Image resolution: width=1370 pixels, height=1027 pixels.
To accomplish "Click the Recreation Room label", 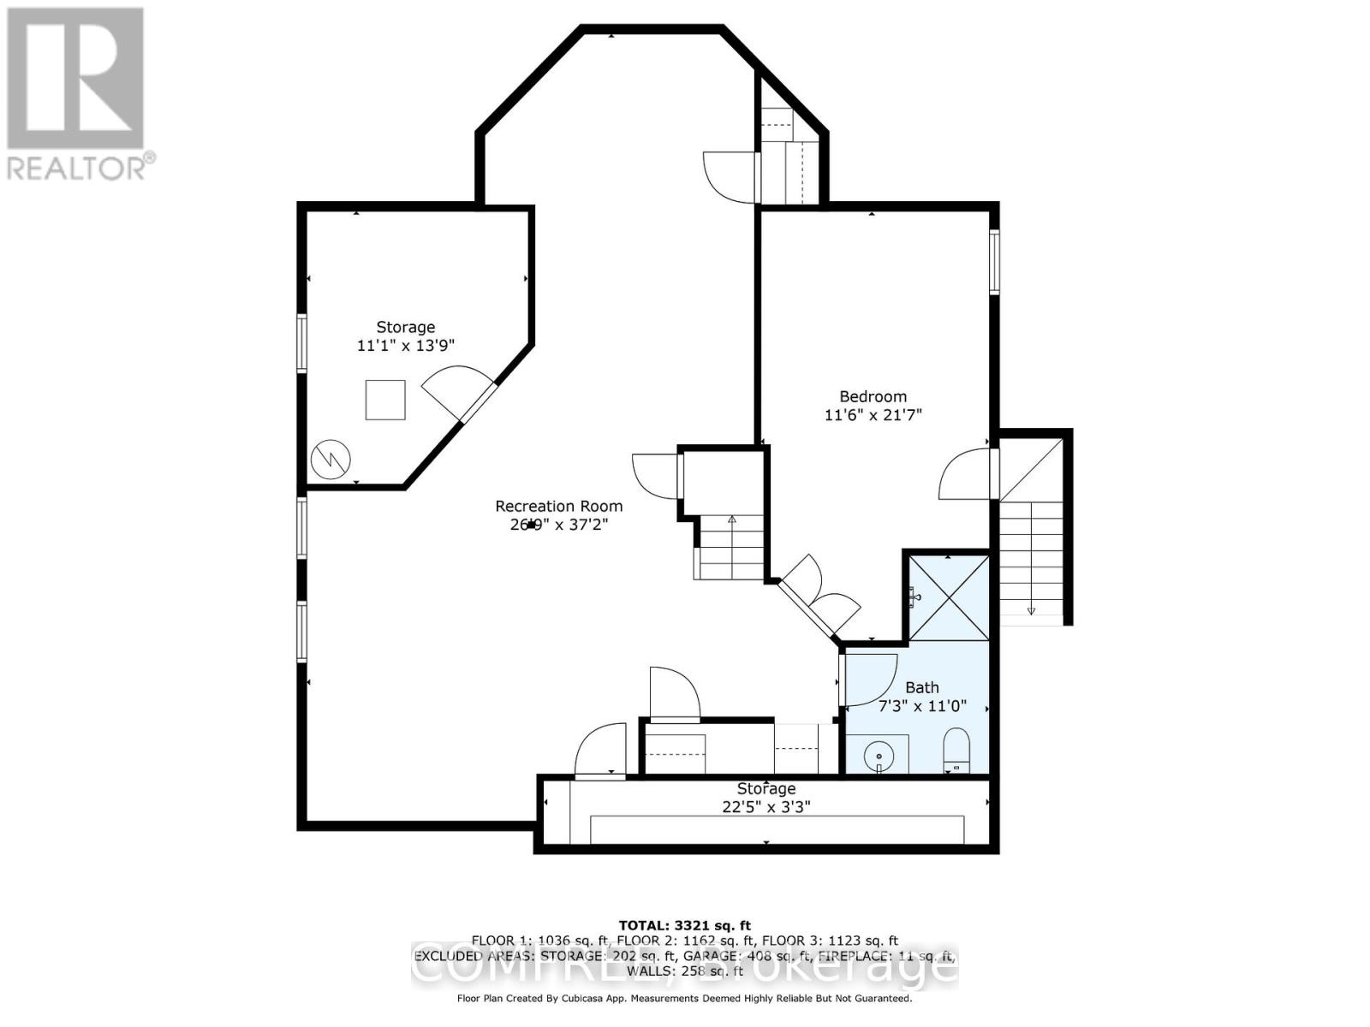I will pos(559,506).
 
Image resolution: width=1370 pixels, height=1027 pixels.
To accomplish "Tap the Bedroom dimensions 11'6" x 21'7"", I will pos(873,415).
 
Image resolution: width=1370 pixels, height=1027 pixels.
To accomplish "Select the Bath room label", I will pos(922,687).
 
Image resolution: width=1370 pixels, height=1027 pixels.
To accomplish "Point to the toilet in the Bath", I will pos(956,750).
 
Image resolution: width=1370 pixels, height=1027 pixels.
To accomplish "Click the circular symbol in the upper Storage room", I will pos(331,459).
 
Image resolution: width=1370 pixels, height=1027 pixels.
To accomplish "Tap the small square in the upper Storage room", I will pos(385,400).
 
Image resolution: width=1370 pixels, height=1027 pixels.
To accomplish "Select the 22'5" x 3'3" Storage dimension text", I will pos(765,806).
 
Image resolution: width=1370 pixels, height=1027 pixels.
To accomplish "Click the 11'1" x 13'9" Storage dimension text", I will pos(405,346).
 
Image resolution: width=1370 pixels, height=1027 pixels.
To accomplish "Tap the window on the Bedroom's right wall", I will pos(994,261).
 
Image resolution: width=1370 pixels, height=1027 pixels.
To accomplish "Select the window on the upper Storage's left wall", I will pos(301,342).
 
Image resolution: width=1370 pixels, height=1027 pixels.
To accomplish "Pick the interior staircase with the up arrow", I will pos(730,546).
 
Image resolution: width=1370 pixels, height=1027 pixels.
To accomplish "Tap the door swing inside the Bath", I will pos(869,680).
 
